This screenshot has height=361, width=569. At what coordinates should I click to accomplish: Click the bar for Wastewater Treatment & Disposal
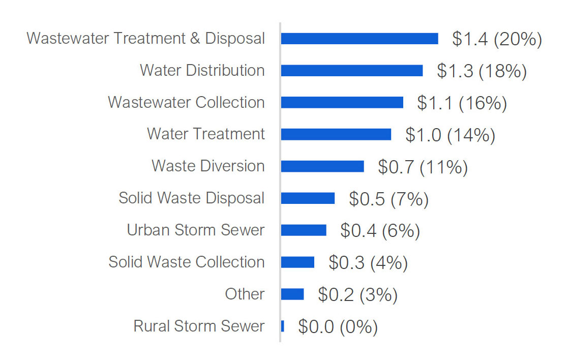tap(359, 39)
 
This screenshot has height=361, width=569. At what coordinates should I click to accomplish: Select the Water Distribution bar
tap(351, 71)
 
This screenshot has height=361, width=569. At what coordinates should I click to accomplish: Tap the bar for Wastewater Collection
tap(342, 103)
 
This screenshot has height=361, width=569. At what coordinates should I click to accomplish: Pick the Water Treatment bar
tap(336, 134)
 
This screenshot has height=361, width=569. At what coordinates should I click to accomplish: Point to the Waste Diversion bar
tap(322, 166)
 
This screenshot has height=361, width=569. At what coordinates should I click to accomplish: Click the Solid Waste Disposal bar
tap(308, 198)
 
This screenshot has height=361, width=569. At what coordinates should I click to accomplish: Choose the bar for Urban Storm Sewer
tap(303, 230)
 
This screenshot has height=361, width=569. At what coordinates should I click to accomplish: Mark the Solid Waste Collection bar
tap(297, 262)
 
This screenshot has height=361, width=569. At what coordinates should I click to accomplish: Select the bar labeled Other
tap(292, 294)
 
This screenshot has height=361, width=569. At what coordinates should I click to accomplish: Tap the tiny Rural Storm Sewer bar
tap(282, 326)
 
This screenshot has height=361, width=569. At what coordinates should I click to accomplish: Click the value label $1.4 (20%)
tap(497, 39)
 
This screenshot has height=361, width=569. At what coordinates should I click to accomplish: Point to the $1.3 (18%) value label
tap(482, 71)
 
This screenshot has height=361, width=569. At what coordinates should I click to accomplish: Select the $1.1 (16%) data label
tap(462, 103)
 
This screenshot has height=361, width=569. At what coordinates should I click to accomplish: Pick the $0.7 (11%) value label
tap(423, 167)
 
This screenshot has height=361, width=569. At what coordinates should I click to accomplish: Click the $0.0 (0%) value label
tap(338, 327)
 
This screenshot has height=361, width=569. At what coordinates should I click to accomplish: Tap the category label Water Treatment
tap(205, 134)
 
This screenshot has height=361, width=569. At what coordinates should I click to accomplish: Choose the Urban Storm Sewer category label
tap(196, 230)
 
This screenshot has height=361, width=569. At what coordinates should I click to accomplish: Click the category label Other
tap(245, 294)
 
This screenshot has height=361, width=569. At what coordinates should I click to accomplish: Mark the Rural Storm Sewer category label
tap(199, 326)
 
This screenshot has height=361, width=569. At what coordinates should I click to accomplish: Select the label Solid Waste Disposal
tap(191, 198)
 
